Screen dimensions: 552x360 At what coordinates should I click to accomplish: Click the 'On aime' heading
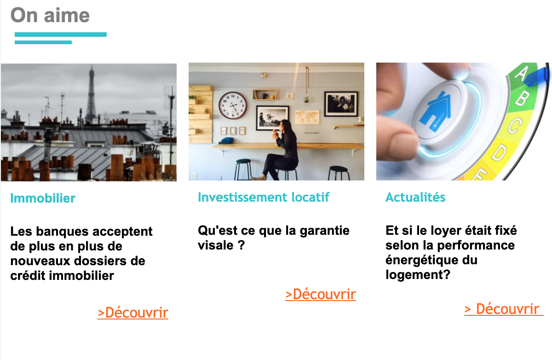(x=50, y=15)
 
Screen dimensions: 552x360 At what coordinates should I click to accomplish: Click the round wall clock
(x=233, y=105)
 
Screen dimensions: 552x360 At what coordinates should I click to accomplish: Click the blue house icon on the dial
(x=436, y=111)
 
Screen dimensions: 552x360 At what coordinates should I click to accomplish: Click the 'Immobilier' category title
(x=43, y=198)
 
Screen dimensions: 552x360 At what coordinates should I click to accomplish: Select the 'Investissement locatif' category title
(x=264, y=197)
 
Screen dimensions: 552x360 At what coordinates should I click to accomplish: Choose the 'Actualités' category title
(x=415, y=197)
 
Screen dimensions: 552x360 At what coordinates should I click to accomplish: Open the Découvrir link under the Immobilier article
(x=133, y=313)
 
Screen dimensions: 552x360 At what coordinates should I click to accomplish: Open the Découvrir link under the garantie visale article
(x=321, y=295)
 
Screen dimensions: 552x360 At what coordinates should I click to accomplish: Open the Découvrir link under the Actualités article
(x=504, y=309)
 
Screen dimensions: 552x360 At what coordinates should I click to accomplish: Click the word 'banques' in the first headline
(x=63, y=232)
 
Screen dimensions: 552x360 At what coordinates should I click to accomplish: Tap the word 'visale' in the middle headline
(x=216, y=245)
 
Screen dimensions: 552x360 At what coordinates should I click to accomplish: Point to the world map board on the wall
(x=307, y=117)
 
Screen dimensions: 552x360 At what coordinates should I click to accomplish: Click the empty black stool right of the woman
(x=339, y=173)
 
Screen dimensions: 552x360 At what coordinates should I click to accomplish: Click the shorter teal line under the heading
(x=43, y=42)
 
